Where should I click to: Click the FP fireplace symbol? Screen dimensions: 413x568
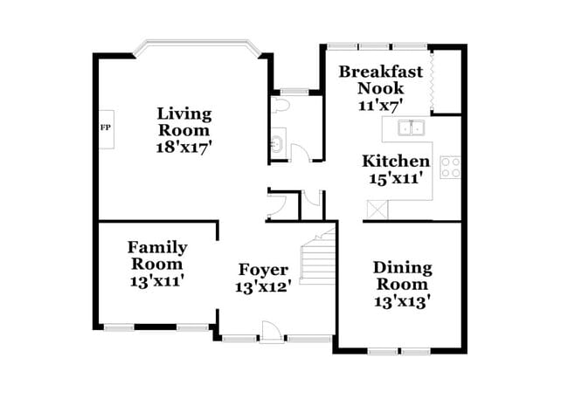click(105, 128)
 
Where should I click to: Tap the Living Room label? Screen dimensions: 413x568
click(184, 121)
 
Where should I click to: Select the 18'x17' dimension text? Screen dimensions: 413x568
click(184, 148)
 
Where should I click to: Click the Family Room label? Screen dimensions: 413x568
click(157, 255)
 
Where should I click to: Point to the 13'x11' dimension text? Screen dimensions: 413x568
click(157, 281)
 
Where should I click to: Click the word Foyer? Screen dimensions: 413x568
click(263, 269)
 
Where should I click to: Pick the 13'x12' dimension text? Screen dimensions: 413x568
click(263, 286)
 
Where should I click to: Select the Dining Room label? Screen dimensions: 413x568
click(402, 275)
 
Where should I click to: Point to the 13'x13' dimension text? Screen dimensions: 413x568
click(402, 301)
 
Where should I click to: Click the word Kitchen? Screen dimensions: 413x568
click(396, 161)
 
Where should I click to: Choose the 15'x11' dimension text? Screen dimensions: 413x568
click(396, 178)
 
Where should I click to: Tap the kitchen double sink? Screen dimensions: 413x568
click(411, 128)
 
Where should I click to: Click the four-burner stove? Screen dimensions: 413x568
click(450, 167)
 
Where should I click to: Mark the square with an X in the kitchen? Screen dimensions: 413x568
click(378, 209)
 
